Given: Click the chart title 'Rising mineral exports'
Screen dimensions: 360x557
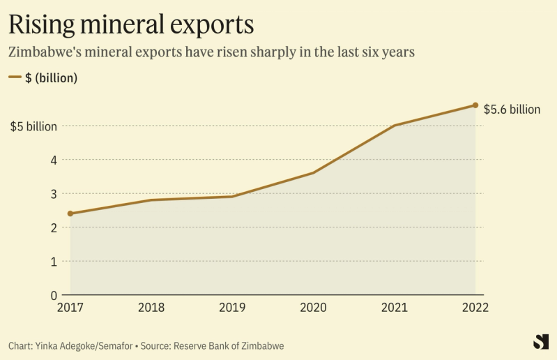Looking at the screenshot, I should pos(130,24).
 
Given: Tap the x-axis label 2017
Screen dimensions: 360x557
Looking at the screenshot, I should pos(70,308).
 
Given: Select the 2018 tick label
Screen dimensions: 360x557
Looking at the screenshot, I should pos(151,308).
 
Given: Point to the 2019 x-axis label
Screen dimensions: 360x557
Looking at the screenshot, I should pos(232,308).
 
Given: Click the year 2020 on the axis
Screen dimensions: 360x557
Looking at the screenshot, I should pos(313,308).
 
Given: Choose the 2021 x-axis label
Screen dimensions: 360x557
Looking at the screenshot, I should pos(395,308).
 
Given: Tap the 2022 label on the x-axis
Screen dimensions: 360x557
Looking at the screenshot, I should pos(475,308).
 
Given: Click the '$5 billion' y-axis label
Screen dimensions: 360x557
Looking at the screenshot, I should pos(33,126).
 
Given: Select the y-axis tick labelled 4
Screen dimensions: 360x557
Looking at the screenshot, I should pos(53,160).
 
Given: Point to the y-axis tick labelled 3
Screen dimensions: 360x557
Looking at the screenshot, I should pos(53,194).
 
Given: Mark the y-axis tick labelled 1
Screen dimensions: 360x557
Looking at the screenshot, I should pos(53,262).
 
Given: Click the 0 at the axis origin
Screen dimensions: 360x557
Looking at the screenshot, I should pos(53,295).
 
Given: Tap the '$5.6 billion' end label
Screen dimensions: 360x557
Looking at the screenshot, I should pos(512,110).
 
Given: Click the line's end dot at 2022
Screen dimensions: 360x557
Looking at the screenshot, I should pos(475,105).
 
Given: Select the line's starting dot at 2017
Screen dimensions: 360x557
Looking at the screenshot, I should pos(70,213).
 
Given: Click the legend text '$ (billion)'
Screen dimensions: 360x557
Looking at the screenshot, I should pos(51,78).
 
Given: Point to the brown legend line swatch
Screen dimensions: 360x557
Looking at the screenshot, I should pos(15,78).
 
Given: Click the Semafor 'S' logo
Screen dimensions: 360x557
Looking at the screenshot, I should pos(540,342).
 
